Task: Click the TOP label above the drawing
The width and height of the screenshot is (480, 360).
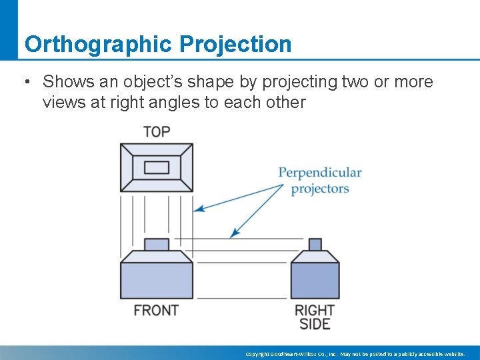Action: (x=156, y=131)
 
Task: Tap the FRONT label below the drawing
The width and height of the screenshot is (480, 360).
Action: (x=156, y=310)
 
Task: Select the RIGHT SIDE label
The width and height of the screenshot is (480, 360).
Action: (x=315, y=317)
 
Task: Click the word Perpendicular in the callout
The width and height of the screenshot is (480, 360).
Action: (x=320, y=173)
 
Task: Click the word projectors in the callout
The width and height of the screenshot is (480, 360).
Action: (x=320, y=188)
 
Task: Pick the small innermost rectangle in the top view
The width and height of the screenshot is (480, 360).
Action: (x=157, y=167)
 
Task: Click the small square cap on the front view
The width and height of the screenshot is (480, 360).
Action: (x=157, y=245)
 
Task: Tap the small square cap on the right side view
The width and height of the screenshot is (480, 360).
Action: (x=315, y=245)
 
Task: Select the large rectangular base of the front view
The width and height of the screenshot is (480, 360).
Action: (x=157, y=280)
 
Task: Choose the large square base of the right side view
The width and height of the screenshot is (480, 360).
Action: (x=315, y=280)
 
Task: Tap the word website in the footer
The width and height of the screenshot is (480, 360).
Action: (x=453, y=354)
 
